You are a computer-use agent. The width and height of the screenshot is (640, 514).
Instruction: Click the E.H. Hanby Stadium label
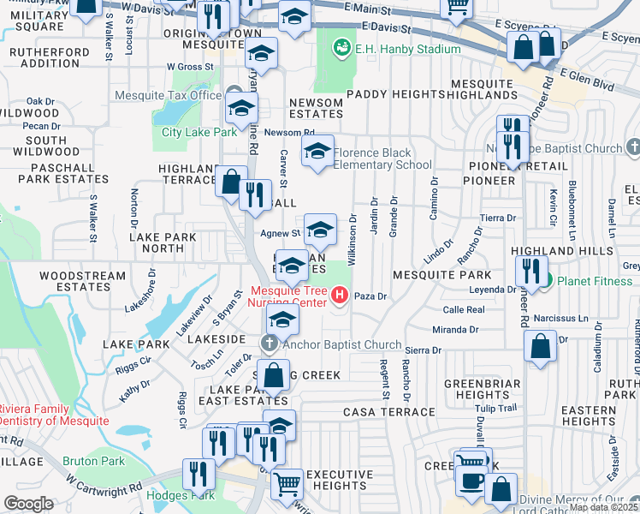coord(407,49)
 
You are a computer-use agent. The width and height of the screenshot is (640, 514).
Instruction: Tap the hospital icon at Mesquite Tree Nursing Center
coord(340,296)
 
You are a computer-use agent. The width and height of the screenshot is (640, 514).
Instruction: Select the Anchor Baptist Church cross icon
coord(270,344)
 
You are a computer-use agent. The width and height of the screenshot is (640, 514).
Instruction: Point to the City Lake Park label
coord(199,132)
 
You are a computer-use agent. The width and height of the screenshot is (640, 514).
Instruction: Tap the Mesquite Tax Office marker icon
coord(235,95)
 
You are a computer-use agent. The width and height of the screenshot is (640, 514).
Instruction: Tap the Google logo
coord(28,504)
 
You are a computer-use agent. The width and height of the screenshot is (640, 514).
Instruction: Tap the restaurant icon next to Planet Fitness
coord(535,271)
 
